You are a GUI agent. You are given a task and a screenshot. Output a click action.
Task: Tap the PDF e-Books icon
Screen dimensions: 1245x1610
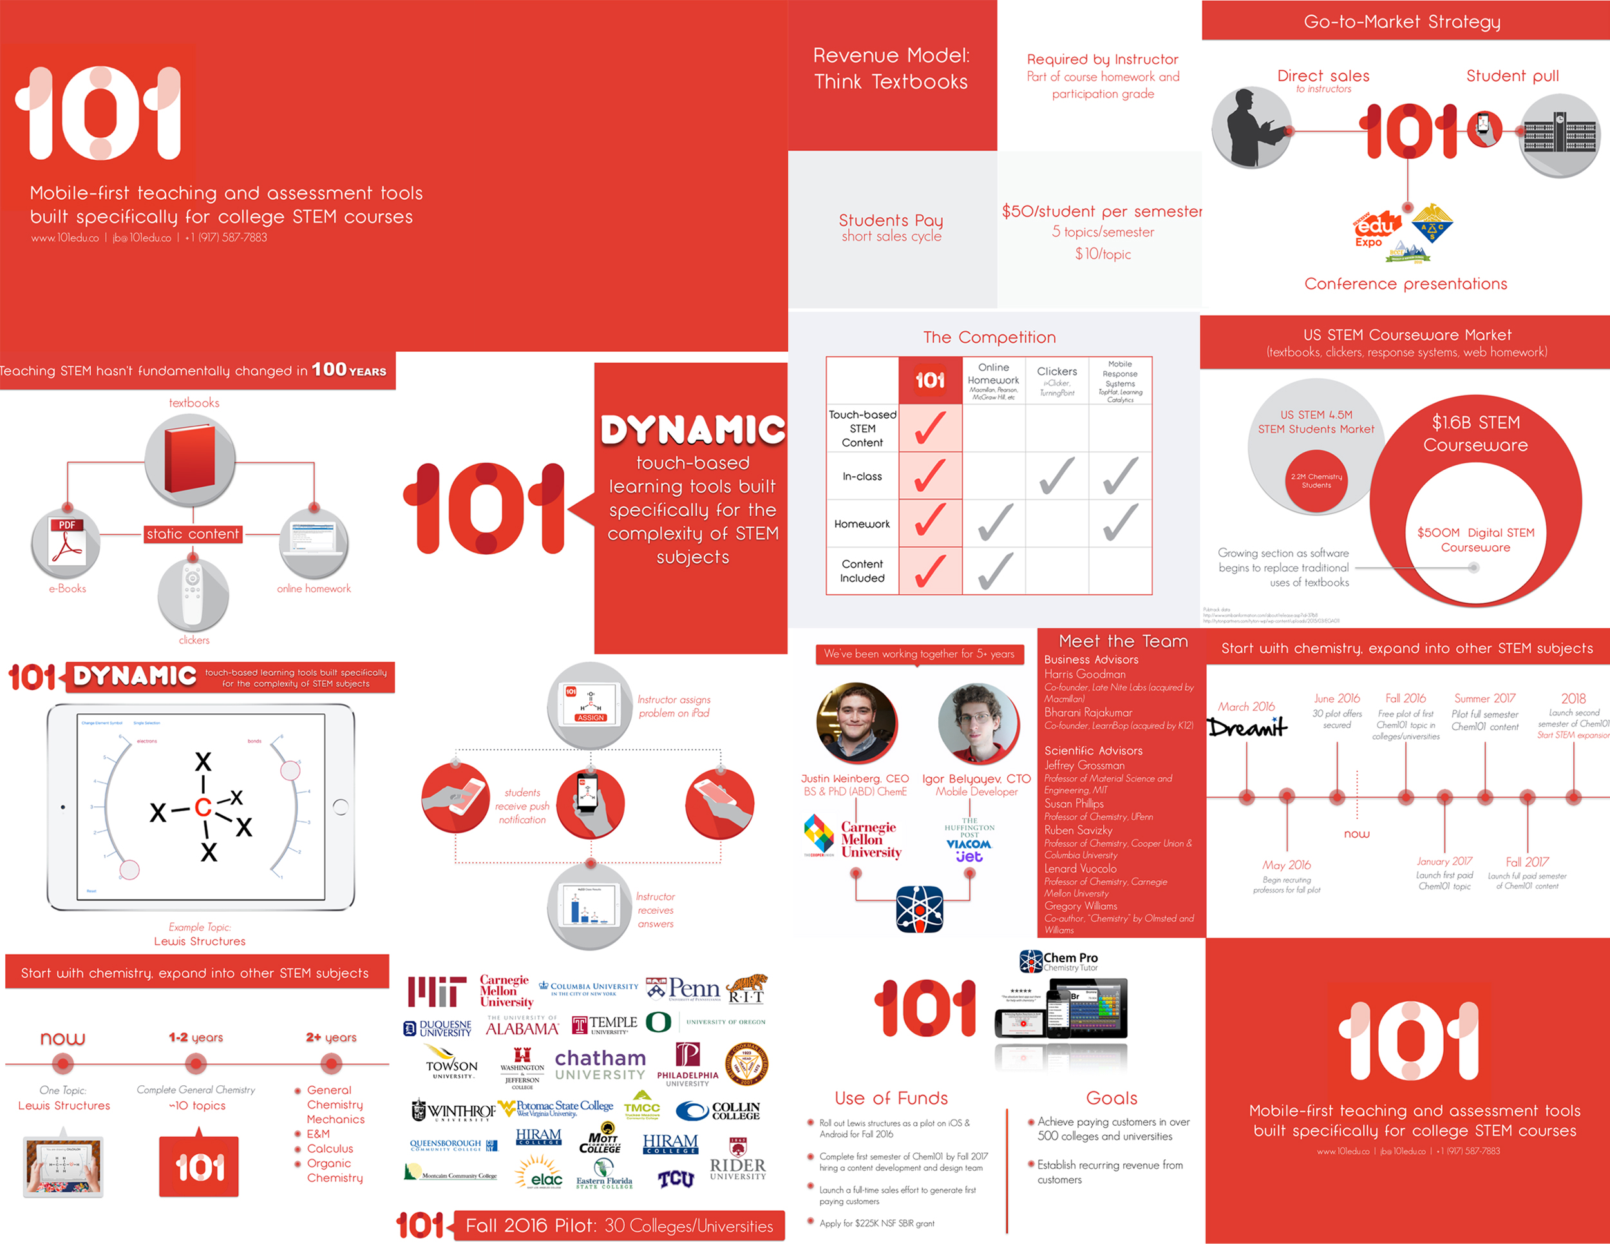[66, 545]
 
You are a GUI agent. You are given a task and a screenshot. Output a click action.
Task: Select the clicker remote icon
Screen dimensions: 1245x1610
[193, 592]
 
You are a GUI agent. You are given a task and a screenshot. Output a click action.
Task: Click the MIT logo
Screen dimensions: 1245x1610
[437, 991]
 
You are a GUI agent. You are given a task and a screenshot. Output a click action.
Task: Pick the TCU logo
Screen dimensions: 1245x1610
[676, 1179]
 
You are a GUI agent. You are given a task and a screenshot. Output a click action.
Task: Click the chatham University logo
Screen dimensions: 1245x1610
[600, 1066]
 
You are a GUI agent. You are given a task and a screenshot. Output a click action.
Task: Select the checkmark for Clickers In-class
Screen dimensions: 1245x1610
[1056, 476]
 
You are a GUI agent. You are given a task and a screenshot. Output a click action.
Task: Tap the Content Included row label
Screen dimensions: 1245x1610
[862, 571]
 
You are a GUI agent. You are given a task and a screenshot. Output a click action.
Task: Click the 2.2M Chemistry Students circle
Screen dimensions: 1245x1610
[1316, 481]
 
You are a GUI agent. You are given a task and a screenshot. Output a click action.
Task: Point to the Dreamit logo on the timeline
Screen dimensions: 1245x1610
[1247, 728]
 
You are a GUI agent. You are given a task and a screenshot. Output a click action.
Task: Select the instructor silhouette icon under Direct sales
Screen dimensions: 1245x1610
[1251, 128]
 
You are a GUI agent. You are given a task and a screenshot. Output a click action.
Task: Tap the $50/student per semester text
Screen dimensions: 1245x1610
[1101, 211]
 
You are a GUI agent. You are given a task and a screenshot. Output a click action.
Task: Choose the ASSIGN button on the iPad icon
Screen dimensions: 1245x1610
[591, 718]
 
